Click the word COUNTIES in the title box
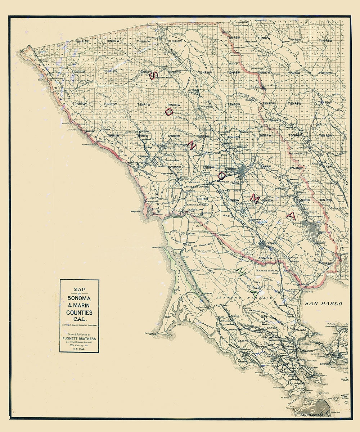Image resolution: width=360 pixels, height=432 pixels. [x=79, y=313]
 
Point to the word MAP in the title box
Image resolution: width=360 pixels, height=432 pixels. [x=79, y=289]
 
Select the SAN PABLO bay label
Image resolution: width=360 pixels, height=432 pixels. [x=323, y=304]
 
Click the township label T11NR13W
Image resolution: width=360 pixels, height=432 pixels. [x=81, y=42]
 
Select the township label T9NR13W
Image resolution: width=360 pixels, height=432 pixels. [x=81, y=104]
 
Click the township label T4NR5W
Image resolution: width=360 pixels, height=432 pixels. [x=326, y=263]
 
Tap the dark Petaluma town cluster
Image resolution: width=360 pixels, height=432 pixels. [x=263, y=244]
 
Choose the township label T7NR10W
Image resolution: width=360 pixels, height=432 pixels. [x=175, y=167]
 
